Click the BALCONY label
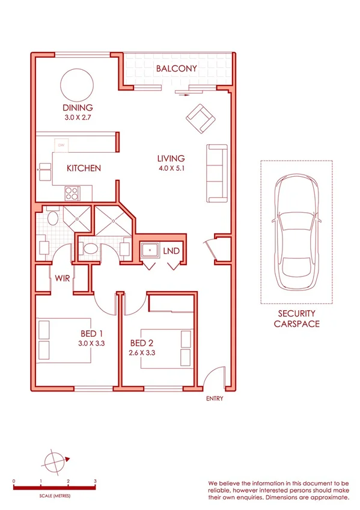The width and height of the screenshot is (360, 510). click(x=176, y=69)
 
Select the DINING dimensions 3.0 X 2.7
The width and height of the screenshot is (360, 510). click(x=77, y=118)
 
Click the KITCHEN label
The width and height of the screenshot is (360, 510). click(x=84, y=168)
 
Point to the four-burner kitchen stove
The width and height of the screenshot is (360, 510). click(x=72, y=193)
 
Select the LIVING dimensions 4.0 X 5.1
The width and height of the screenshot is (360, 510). click(x=171, y=168)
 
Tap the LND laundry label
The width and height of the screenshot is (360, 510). click(x=171, y=250)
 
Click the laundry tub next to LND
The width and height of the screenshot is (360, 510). click(x=149, y=250)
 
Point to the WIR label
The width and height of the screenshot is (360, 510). click(x=63, y=278)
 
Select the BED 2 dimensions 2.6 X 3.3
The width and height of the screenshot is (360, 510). click(x=142, y=353)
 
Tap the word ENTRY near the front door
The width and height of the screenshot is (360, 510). click(x=214, y=399)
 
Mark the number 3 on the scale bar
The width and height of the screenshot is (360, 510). click(x=95, y=482)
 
